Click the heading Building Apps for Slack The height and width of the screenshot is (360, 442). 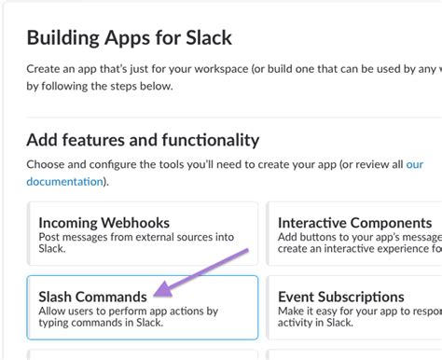pyautogui.click(x=129, y=38)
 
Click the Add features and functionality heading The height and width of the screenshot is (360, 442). pyautogui.click(x=143, y=141)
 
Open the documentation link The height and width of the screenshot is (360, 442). pyautogui.click(x=66, y=181)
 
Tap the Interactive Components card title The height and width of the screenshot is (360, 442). pyautogui.click(x=354, y=224)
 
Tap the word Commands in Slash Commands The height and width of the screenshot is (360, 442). pyautogui.click(x=121, y=297)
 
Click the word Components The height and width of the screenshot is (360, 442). pyautogui.click(x=391, y=224)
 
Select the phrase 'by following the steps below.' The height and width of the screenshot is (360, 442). pyautogui.click(x=100, y=86)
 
